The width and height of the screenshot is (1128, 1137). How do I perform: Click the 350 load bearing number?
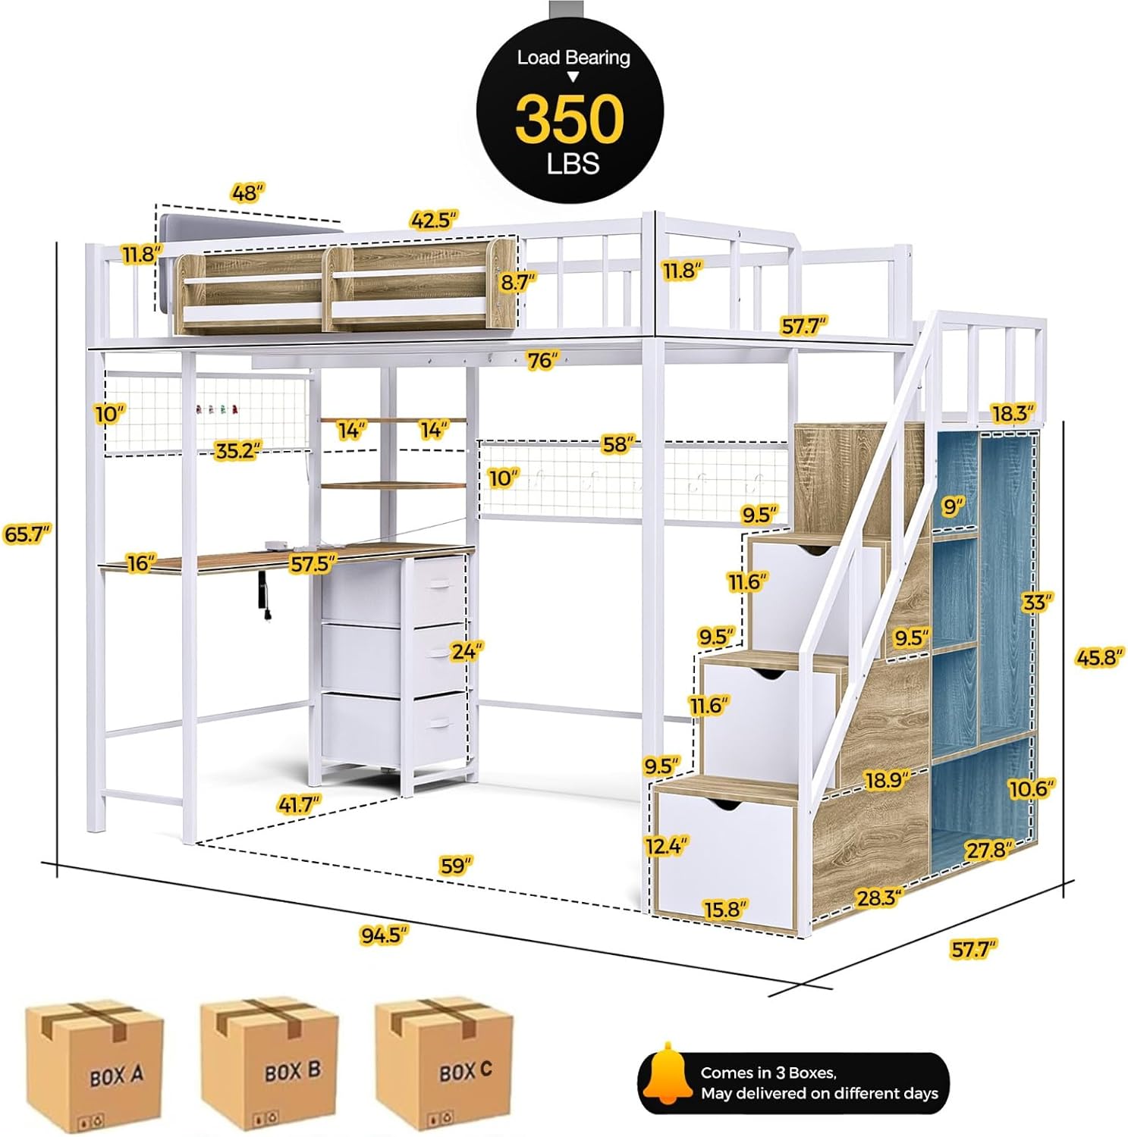[570, 120]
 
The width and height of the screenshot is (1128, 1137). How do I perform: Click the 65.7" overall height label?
[27, 534]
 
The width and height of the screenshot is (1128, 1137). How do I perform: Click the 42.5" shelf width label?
[433, 220]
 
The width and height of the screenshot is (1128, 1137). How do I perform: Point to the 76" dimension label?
[543, 360]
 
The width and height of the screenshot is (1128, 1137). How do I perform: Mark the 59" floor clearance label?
[456, 865]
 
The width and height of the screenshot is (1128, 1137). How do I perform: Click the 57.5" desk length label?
[313, 564]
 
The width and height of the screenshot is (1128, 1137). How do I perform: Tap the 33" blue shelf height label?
[1037, 603]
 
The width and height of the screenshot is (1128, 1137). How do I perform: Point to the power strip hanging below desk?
[266, 599]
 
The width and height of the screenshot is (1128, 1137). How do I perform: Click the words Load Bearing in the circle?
[573, 58]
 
